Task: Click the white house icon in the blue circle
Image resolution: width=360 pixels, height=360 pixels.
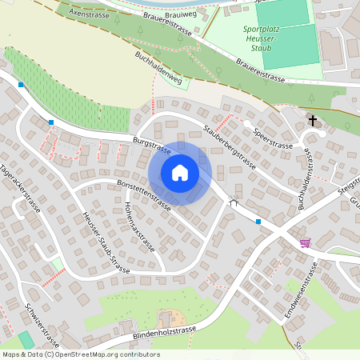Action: (180, 173)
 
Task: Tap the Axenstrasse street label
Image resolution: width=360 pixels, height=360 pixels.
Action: (89, 13)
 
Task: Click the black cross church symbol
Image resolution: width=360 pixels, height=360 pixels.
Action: (312, 121)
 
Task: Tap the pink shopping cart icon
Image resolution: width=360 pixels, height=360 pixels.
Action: (305, 242)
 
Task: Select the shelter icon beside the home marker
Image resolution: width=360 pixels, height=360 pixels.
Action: (234, 203)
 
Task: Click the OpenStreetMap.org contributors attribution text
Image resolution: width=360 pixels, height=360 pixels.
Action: (104, 354)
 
